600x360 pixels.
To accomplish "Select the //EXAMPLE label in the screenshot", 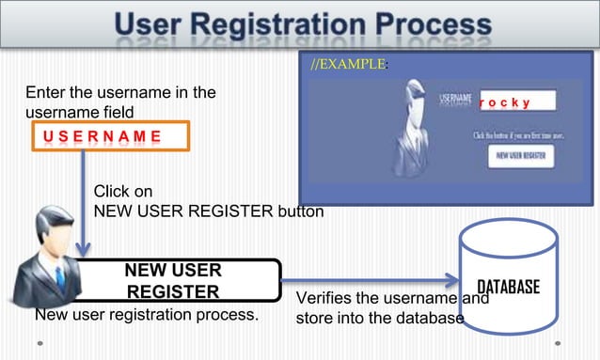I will pyautogui.click(x=347, y=65).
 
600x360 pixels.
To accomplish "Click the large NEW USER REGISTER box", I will pyautogui.click(x=173, y=282).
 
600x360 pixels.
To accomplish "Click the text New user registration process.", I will pyautogui.click(x=146, y=314).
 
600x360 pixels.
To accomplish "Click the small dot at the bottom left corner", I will pyautogui.click(x=39, y=343).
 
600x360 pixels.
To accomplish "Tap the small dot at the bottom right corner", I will pyautogui.click(x=558, y=343).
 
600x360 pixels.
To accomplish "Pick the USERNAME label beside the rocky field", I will pyautogui.click(x=457, y=97).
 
